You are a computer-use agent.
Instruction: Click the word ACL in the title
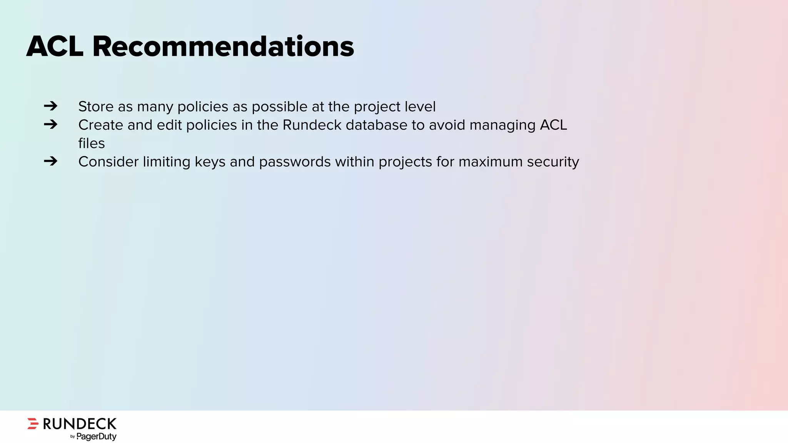pyautogui.click(x=55, y=47)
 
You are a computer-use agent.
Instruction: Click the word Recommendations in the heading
pyautogui.click(x=223, y=47)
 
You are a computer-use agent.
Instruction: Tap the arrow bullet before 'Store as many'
pyautogui.click(x=50, y=106)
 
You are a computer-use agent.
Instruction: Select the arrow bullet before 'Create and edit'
pyautogui.click(x=50, y=124)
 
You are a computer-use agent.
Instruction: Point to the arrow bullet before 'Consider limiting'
pyautogui.click(x=50, y=161)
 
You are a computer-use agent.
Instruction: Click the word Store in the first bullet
pyautogui.click(x=96, y=107)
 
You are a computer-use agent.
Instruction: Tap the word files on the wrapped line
pyautogui.click(x=91, y=143)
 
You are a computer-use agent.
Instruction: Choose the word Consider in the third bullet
pyautogui.click(x=108, y=162)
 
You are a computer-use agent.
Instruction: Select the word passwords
pyautogui.click(x=295, y=162)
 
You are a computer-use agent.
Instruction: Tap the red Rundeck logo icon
pyautogui.click(x=33, y=423)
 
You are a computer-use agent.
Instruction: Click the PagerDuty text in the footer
pyautogui.click(x=96, y=436)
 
